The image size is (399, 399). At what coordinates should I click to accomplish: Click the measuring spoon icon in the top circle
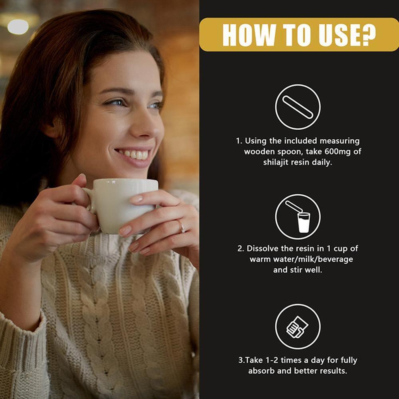coord(298,107)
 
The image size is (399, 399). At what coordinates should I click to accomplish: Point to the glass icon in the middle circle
coord(304,222)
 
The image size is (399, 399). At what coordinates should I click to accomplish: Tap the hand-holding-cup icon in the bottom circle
coord(297,327)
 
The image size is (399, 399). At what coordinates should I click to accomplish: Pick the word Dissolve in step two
coord(262,248)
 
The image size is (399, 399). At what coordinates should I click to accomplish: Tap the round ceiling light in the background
coord(18,26)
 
